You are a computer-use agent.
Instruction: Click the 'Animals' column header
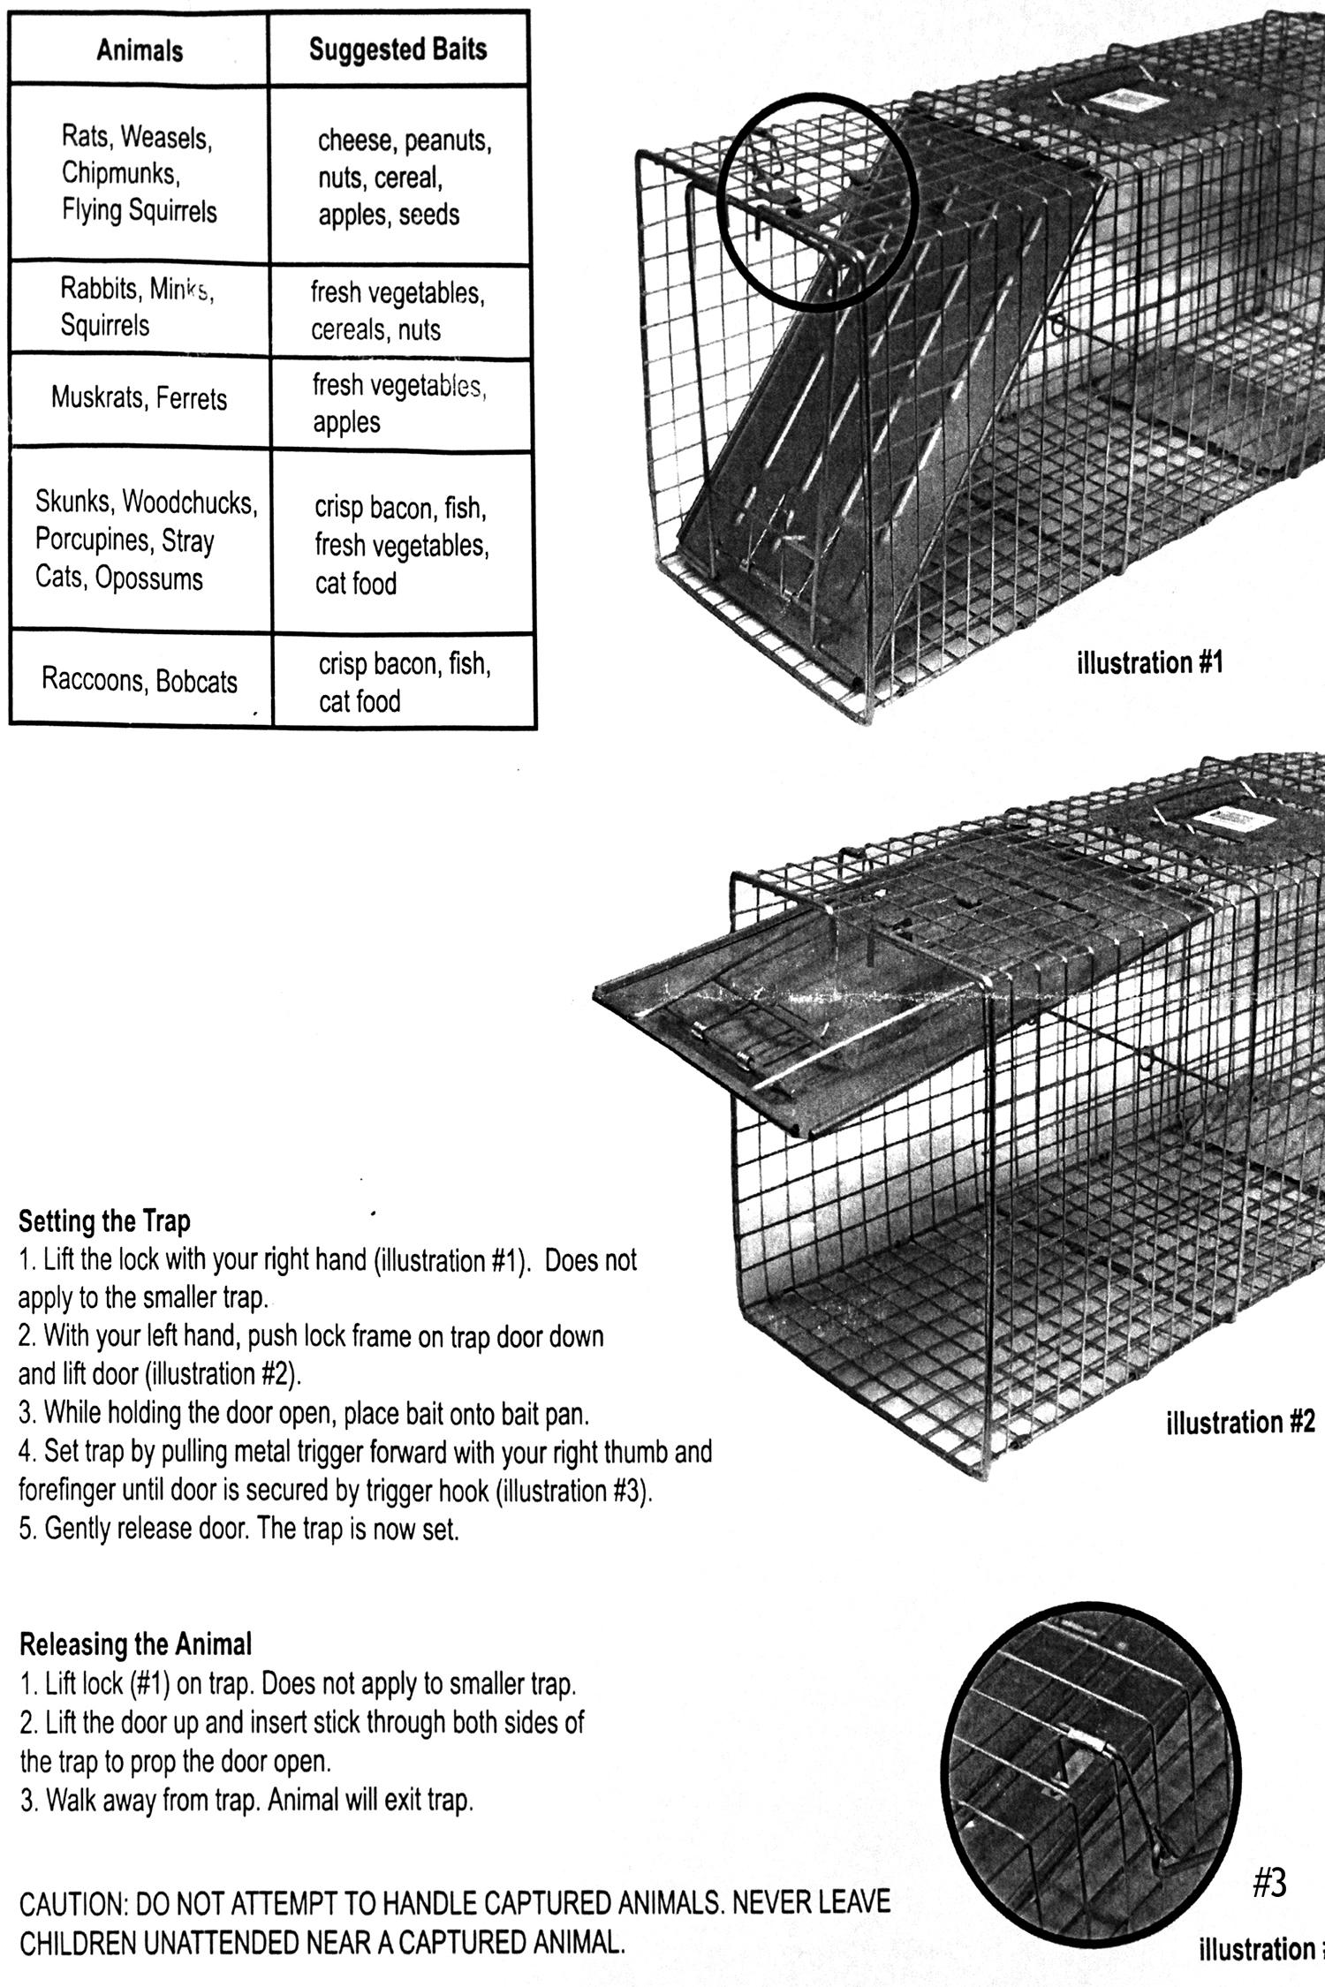[140, 50]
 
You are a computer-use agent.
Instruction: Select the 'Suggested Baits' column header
[397, 49]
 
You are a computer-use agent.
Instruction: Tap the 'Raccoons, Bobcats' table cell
[140, 681]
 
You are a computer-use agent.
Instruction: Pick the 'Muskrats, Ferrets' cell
[139, 398]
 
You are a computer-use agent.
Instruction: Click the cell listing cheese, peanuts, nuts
[403, 178]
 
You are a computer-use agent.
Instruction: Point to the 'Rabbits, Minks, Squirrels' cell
[137, 306]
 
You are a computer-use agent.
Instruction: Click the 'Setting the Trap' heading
[104, 1221]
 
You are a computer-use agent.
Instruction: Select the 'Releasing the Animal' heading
[135, 1644]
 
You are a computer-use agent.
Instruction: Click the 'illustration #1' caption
[1150, 662]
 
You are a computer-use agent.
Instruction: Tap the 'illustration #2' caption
[1240, 1423]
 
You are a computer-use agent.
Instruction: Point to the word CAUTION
[73, 1903]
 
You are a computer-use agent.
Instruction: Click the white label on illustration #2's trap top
[1234, 820]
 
